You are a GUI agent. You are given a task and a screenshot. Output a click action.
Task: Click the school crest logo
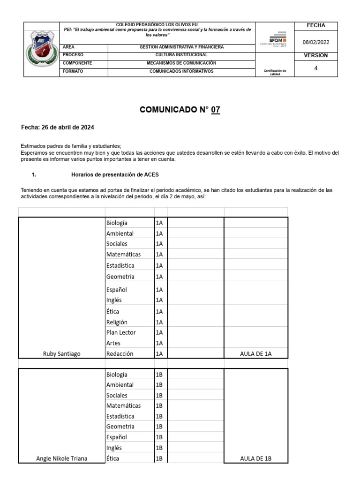tap(42, 49)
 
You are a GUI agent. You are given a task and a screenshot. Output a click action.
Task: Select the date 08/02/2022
tap(316, 42)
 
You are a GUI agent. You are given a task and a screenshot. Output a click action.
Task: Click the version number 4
tap(315, 68)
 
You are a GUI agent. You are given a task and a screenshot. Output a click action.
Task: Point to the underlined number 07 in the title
tap(215, 110)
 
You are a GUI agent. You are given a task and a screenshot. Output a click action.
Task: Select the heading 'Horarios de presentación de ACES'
tap(115, 174)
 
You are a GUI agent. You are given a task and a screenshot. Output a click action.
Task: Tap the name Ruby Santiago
tap(61, 354)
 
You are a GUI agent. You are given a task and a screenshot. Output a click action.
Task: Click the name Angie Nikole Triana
tap(61, 458)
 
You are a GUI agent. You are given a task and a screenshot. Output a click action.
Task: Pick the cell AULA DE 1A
tap(255, 354)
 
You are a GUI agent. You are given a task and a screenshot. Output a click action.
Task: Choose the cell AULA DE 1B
tap(255, 458)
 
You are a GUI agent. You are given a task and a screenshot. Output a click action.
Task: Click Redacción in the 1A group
tap(120, 354)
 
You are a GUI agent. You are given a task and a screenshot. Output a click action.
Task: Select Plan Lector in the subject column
tap(121, 332)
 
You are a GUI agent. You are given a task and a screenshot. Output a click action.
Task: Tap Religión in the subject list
tap(117, 322)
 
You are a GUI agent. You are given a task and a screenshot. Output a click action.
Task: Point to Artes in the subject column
tap(113, 343)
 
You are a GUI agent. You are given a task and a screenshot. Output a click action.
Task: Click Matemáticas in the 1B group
tap(123, 405)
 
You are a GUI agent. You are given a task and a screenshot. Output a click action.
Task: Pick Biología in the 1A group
tap(117, 223)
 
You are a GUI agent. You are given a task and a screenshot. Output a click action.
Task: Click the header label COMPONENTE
tap(77, 63)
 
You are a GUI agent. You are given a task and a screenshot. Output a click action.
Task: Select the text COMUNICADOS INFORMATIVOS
tap(181, 71)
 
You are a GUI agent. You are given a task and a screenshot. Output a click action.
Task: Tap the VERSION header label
tap(315, 55)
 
